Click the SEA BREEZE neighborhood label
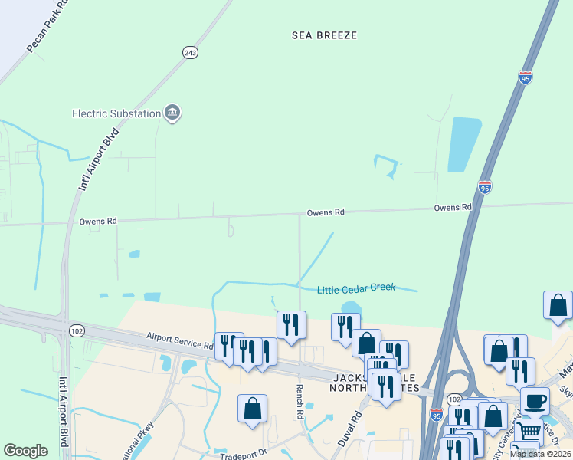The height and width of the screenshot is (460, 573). tap(325, 35)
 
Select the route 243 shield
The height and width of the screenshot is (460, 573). tap(191, 52)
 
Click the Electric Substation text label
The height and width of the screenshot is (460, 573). tap(116, 113)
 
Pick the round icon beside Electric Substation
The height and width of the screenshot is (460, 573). tap(172, 113)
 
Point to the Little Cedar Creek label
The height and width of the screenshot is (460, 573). tap(356, 287)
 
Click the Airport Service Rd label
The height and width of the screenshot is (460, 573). tap(180, 342)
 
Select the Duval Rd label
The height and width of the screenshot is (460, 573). tap(350, 430)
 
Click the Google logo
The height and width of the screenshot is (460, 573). tap(25, 451)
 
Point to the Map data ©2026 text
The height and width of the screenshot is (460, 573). tap(541, 454)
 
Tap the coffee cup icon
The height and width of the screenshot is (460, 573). tap(535, 400)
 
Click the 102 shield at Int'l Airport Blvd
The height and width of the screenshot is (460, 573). tap(76, 330)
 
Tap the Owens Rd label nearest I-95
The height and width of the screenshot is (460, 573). tap(452, 208)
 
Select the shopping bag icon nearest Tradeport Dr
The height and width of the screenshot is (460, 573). tap(252, 409)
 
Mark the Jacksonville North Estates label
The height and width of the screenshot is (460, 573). tap(375, 383)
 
